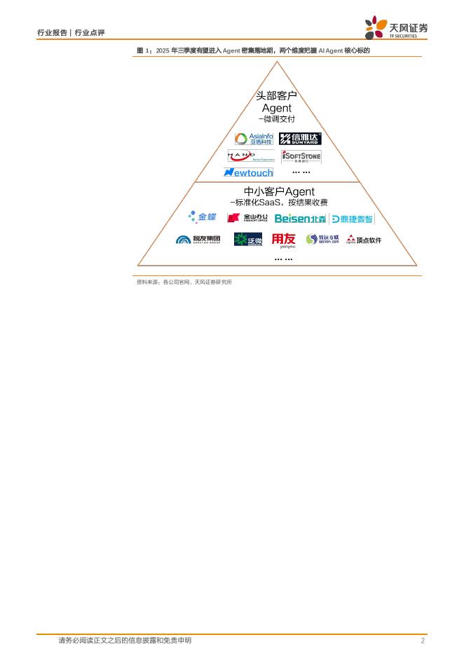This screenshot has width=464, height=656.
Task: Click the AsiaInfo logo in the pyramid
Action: point(254,139)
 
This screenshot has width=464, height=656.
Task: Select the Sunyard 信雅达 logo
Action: point(300,139)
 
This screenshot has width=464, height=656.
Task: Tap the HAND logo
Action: point(251,156)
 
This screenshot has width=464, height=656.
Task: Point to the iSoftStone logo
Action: point(301,156)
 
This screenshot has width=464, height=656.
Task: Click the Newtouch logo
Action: point(248,172)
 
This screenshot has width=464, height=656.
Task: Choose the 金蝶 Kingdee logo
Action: point(203,217)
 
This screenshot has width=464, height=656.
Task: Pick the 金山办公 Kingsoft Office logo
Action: point(247,218)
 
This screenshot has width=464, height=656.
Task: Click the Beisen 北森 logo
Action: point(300,219)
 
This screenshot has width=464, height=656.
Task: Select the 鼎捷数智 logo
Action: point(352,219)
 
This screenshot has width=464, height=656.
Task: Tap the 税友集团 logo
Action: point(198,240)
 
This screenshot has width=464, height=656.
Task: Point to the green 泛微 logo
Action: point(248,240)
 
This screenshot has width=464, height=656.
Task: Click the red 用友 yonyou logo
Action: point(284,240)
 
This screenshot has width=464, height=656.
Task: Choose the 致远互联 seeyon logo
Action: point(322,240)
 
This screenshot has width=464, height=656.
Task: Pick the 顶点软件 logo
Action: point(364,240)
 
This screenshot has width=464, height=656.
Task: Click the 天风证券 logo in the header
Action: point(396,28)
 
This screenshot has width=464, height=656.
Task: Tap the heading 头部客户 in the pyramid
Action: point(276,95)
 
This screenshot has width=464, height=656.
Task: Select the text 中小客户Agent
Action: point(278,191)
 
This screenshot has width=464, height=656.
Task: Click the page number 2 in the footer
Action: point(423,641)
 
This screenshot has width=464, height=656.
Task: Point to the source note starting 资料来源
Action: point(184,282)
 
